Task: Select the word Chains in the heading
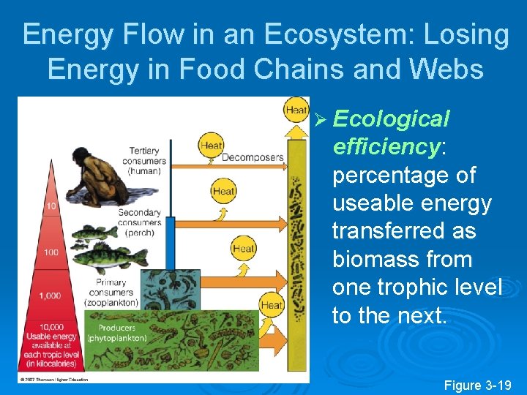tap(282, 69)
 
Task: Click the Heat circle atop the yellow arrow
tap(296, 110)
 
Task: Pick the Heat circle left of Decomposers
tap(212, 145)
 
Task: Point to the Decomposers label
tap(252, 157)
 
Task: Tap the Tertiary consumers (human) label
tap(144, 161)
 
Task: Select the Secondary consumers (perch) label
tap(139, 222)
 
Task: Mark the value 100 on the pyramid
tap(51, 252)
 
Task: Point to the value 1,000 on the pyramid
tap(51, 295)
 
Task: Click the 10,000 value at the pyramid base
tap(52, 327)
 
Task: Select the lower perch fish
tap(110, 257)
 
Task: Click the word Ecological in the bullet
tap(390, 118)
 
